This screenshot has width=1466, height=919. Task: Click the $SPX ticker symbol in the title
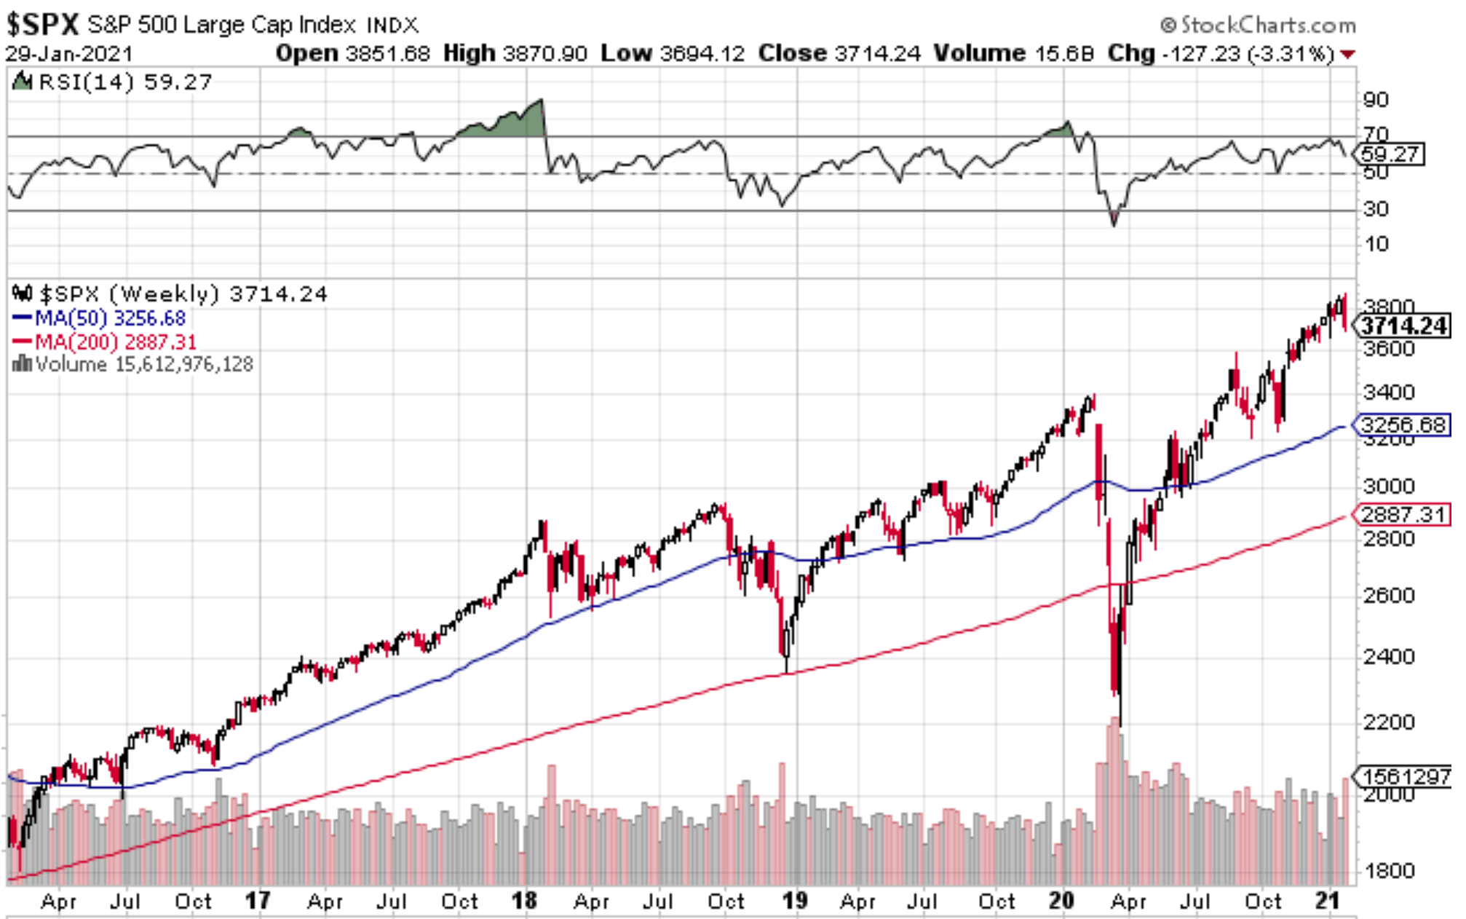point(42,25)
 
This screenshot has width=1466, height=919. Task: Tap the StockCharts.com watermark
point(1259,25)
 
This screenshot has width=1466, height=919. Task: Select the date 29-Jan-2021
point(70,54)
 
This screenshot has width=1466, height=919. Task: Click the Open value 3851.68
point(387,53)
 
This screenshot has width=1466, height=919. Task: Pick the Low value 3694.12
point(702,53)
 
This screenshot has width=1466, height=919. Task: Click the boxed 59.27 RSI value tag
point(1390,154)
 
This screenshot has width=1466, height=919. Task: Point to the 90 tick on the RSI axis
point(1375,100)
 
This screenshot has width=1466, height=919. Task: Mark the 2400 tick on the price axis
point(1388,657)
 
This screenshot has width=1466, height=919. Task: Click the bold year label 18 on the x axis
point(524,901)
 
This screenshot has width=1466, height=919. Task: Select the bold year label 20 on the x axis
point(1061,901)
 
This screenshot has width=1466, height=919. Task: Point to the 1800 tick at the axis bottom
point(1388,870)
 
